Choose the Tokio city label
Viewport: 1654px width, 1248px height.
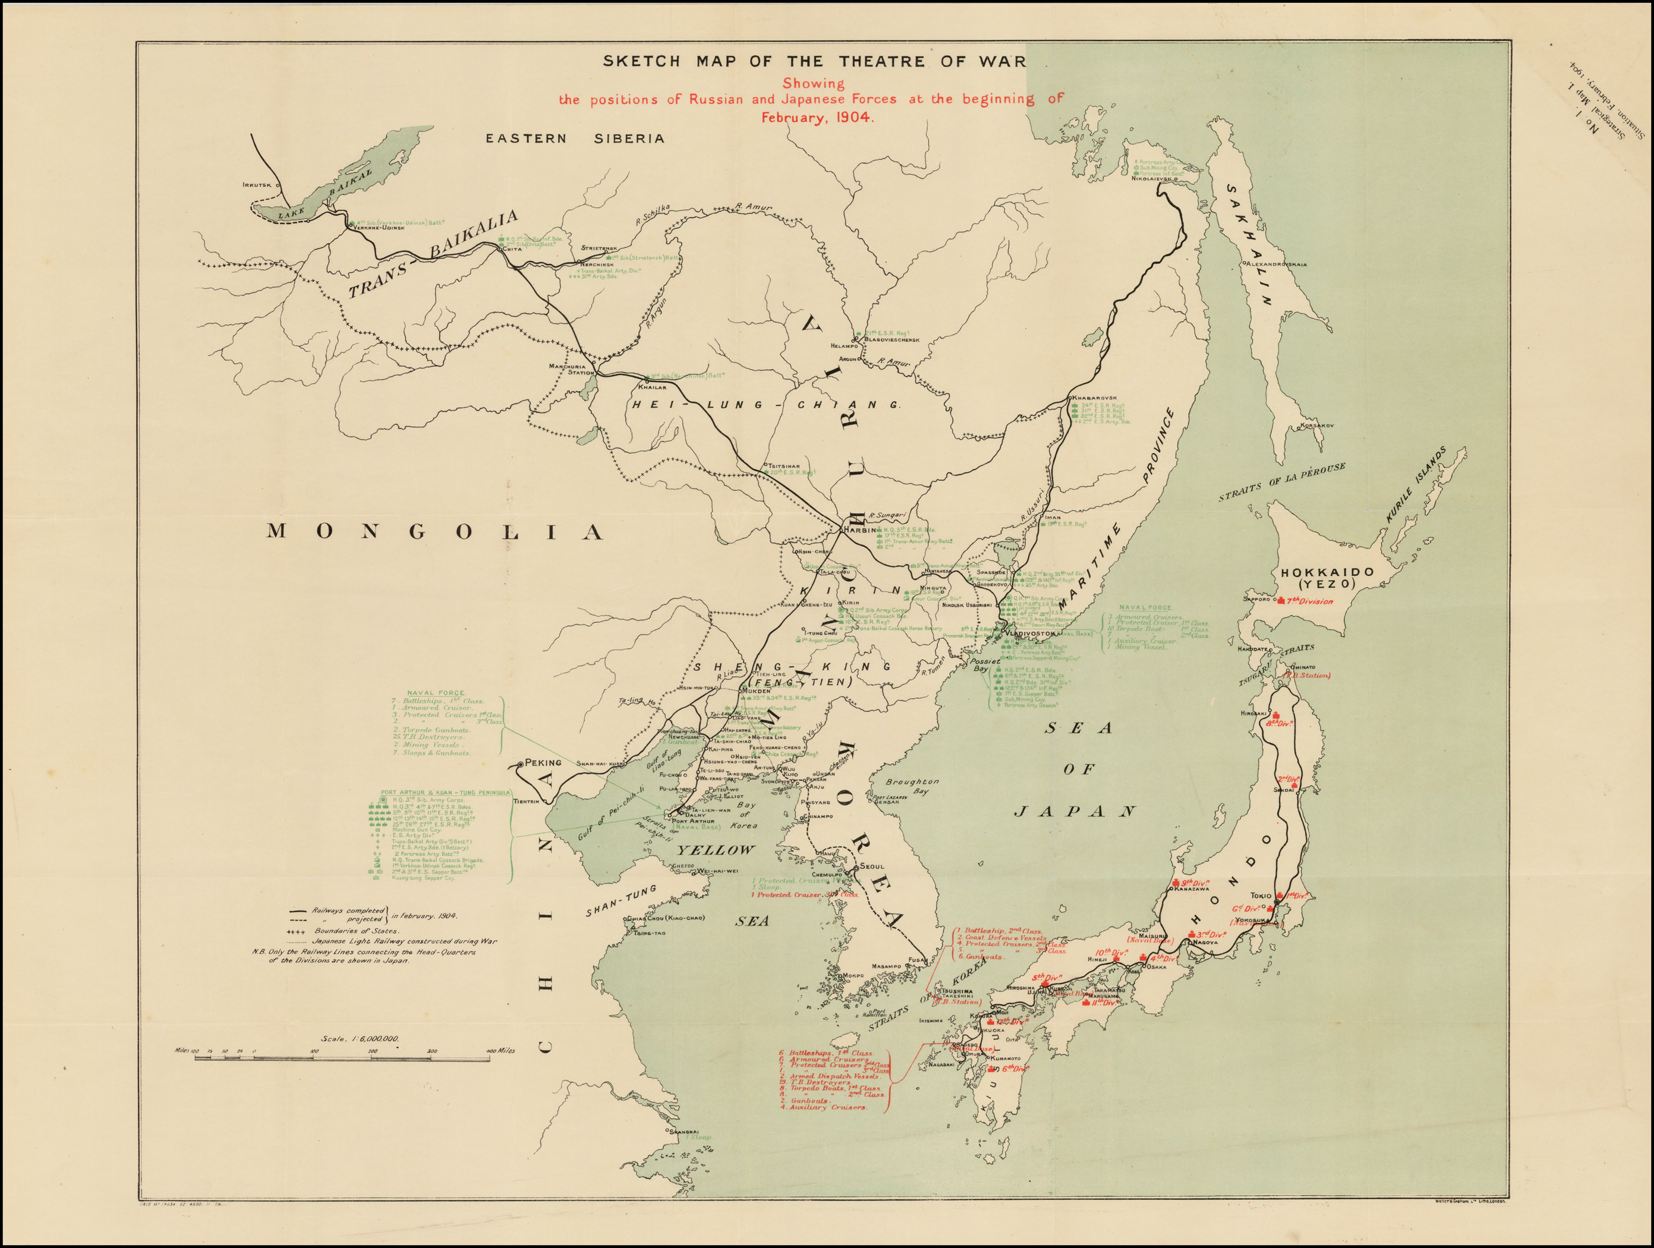1261,895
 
